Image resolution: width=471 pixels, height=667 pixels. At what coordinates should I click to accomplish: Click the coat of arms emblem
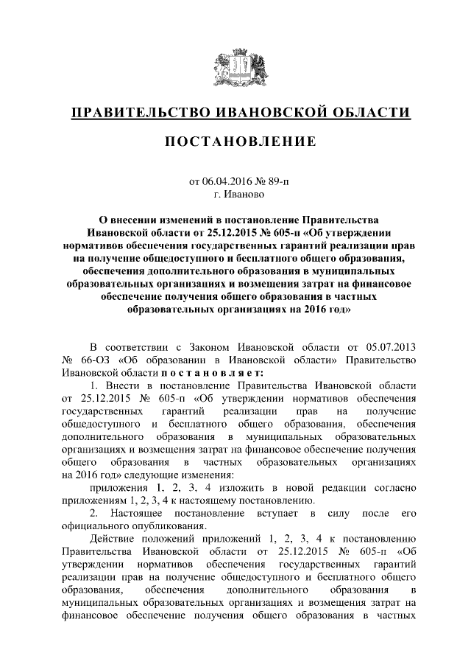pos(235,68)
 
